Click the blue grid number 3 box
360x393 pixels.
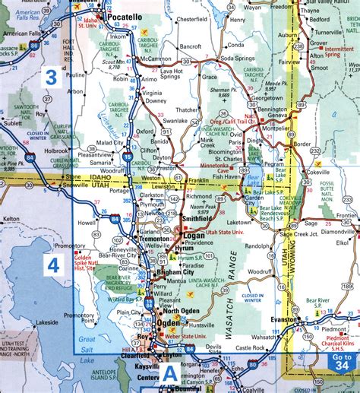[52, 77]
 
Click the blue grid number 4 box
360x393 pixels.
[53, 265]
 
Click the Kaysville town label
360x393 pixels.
[137, 366]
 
